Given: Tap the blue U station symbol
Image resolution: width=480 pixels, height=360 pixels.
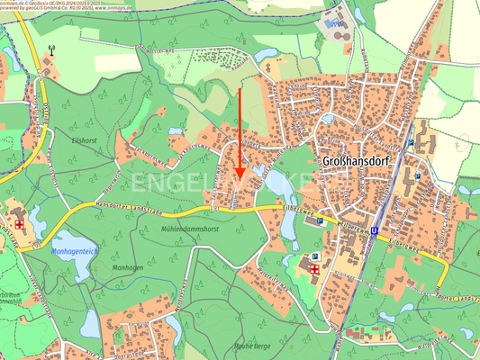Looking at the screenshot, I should [x=373, y=230].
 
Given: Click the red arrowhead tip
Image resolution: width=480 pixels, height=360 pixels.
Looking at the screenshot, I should [x=240, y=178].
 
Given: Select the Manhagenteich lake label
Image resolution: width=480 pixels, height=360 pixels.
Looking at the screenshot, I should [x=76, y=251].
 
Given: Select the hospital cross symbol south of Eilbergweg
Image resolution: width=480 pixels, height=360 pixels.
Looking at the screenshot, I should [x=314, y=268].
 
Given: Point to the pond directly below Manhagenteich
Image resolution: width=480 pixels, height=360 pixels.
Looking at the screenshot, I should [x=90, y=320].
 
